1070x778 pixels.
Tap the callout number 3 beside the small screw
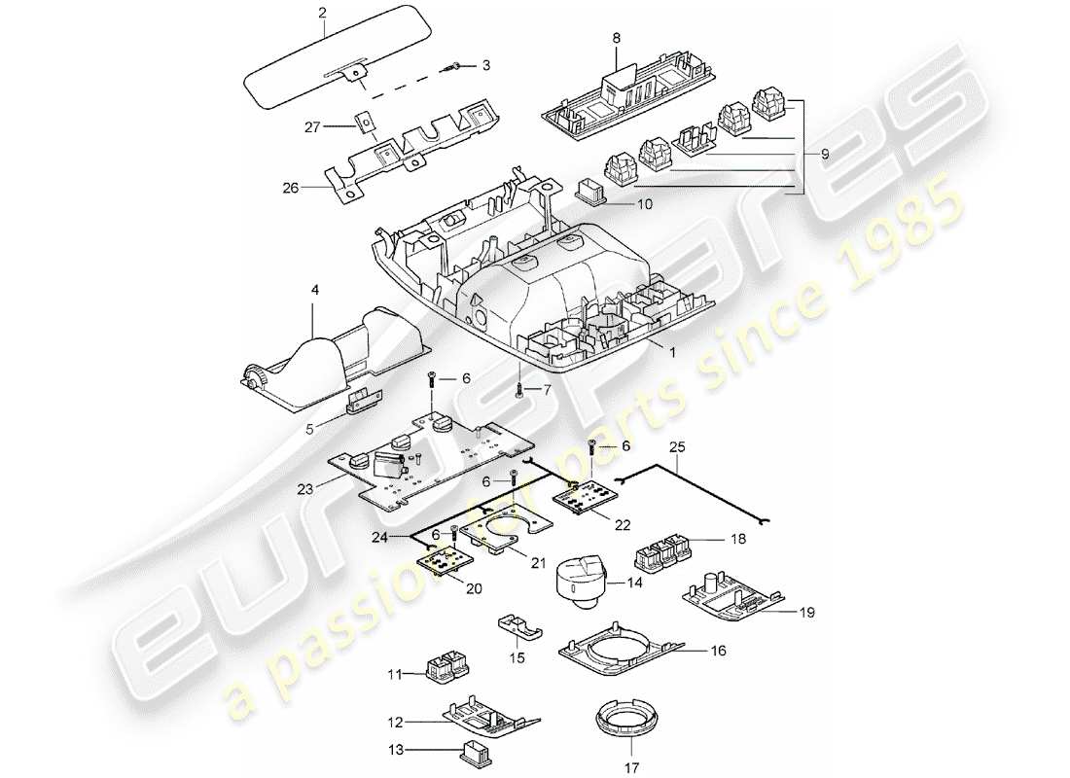(x=486, y=65)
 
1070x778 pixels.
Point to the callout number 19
(x=806, y=613)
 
